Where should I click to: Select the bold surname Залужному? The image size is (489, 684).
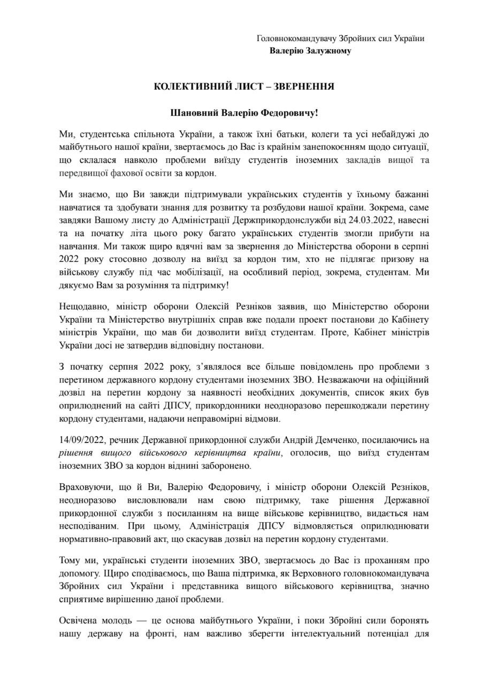coord(326,51)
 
